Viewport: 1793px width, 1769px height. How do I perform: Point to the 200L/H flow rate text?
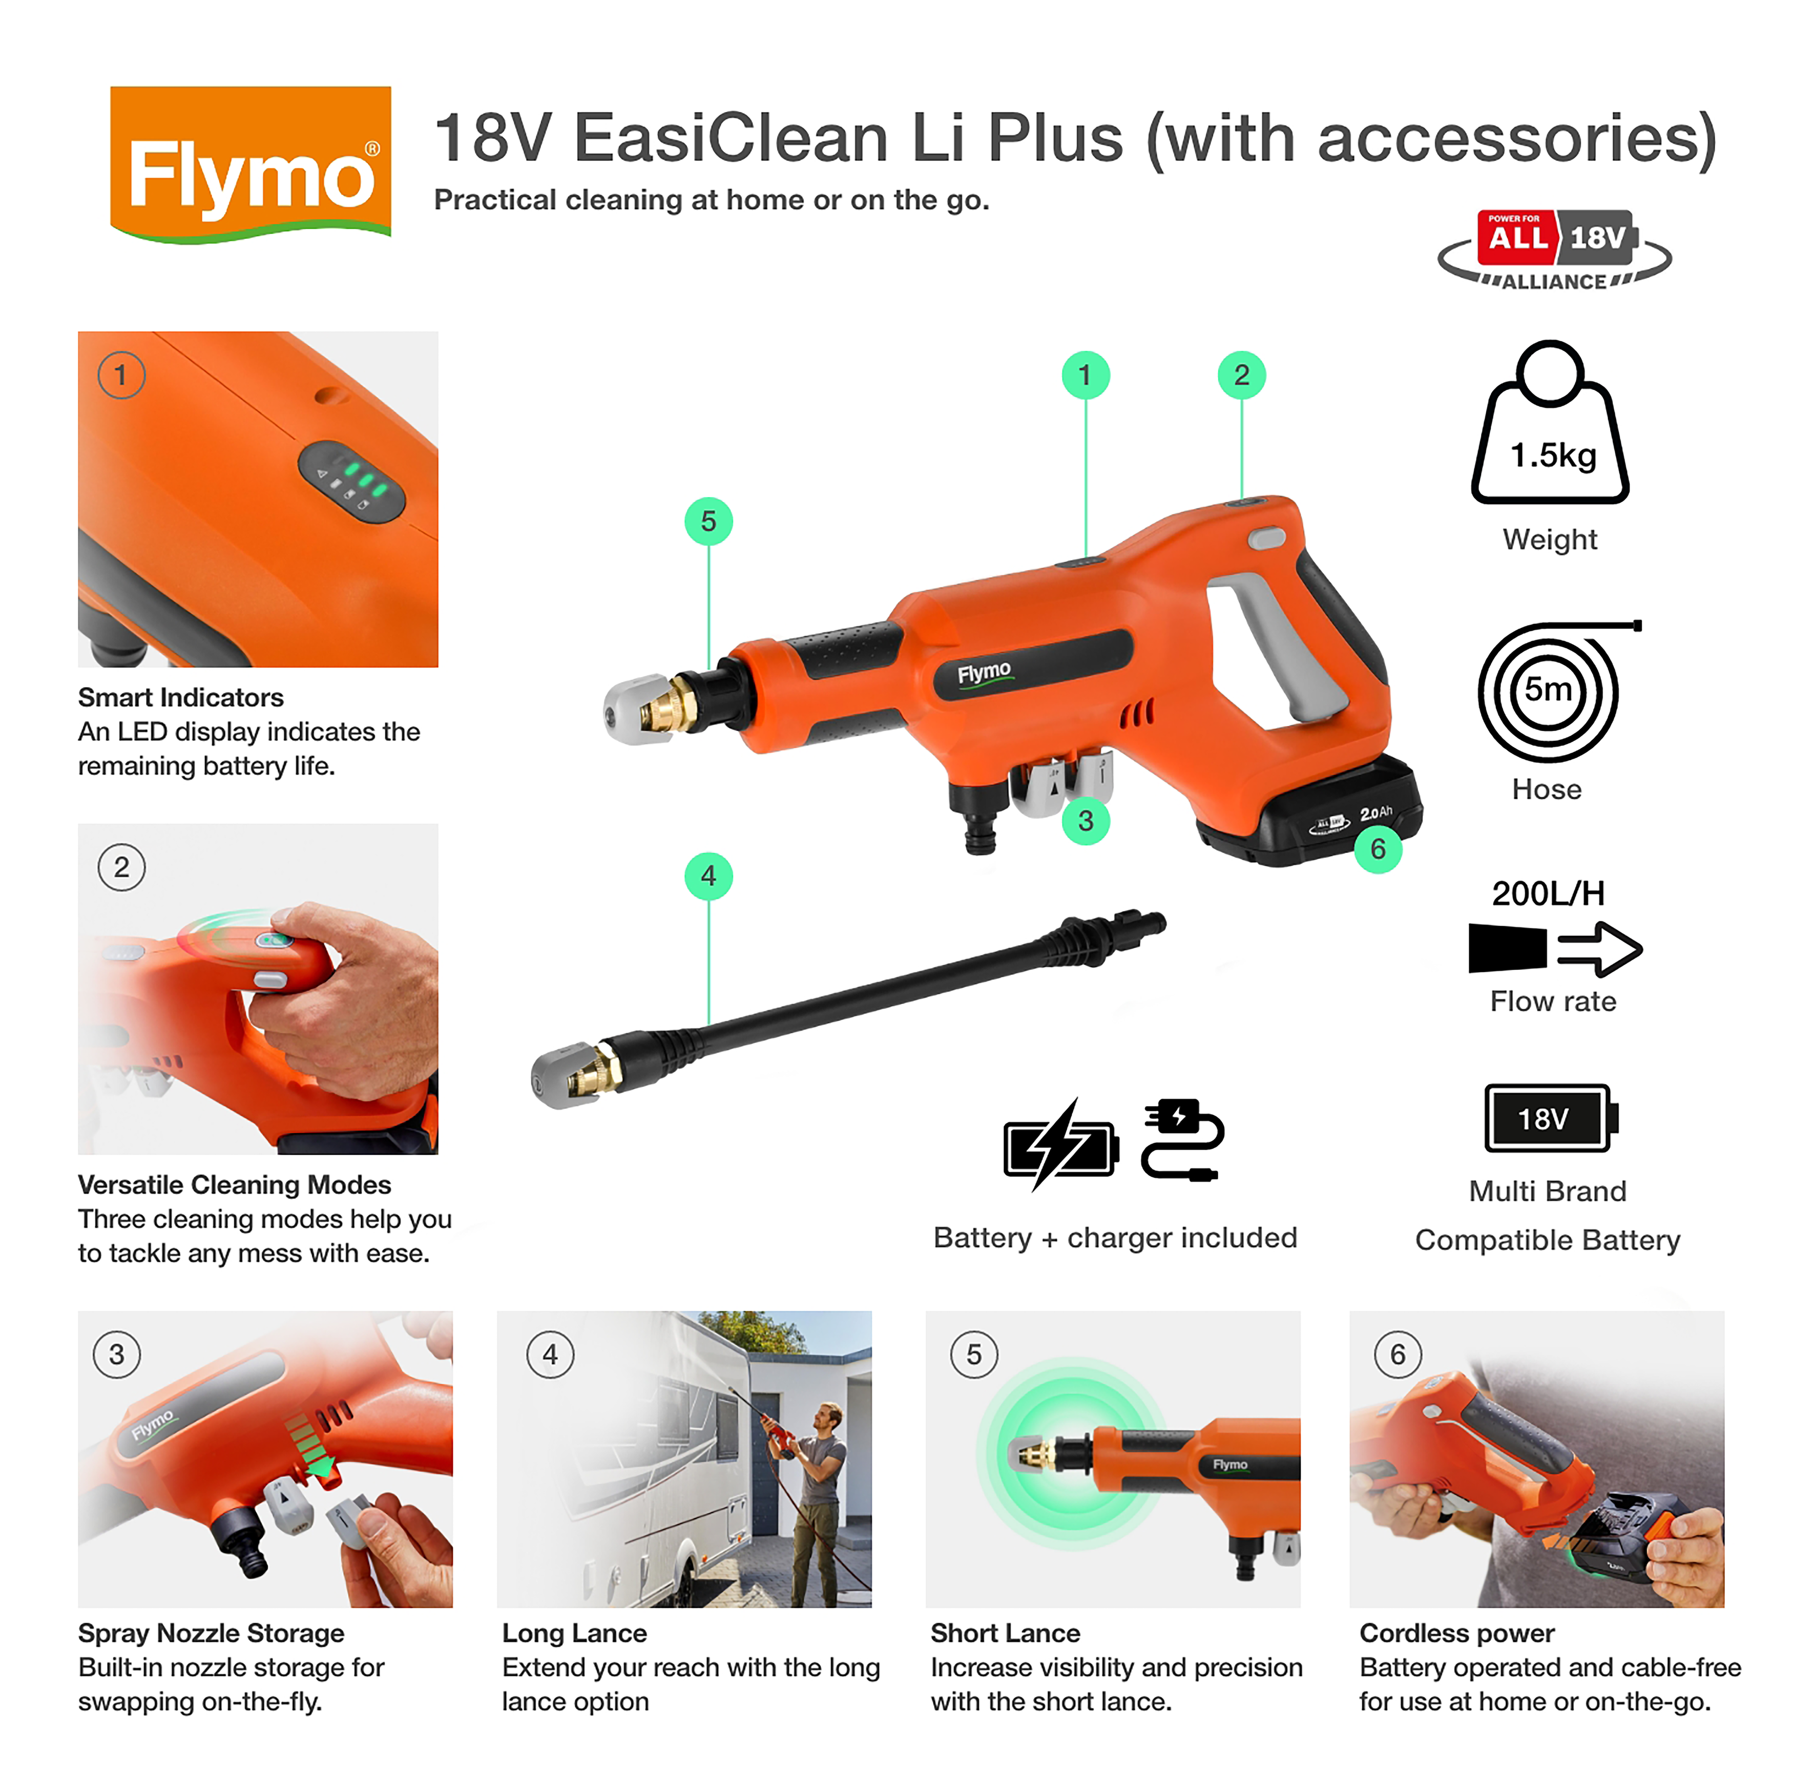(1548, 893)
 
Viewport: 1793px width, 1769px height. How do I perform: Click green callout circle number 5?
(708, 522)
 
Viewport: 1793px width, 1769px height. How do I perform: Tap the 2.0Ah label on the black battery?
(1375, 813)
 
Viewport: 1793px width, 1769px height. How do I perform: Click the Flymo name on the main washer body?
(984, 671)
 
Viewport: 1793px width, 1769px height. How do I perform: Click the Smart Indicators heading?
(181, 697)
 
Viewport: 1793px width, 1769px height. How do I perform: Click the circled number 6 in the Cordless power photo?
(1398, 1354)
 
